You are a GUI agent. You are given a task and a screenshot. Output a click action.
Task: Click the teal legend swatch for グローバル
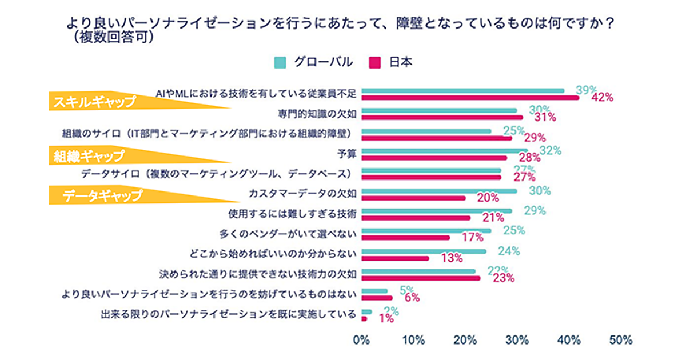pos(280,62)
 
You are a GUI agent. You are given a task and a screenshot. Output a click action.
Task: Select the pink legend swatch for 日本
pos(376,62)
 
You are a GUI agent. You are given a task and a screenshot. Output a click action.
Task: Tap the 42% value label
pos(602,98)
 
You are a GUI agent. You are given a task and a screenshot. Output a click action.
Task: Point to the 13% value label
pos(452,258)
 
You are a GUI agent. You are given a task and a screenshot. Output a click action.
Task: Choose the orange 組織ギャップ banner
pos(91,156)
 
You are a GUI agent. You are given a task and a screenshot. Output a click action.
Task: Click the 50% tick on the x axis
pos(621,341)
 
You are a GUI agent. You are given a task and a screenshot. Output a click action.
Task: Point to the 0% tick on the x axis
pos(362,341)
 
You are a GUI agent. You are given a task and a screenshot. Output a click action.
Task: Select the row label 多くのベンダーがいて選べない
pos(288,234)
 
